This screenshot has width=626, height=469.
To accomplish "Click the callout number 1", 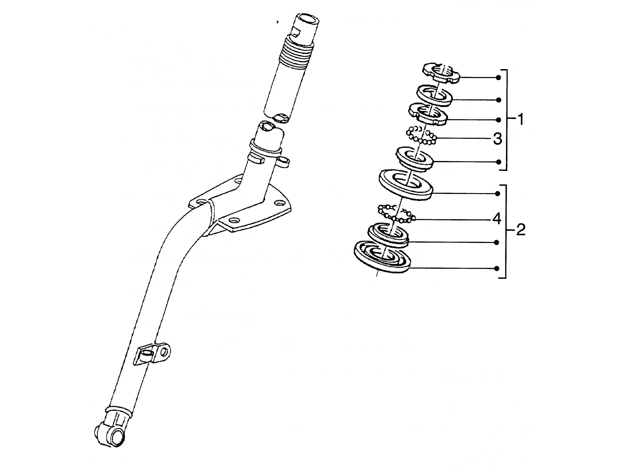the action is coord(521,119).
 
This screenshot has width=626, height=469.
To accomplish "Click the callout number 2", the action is coord(521,229).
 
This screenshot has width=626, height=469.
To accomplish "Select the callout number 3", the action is coord(497,139).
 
